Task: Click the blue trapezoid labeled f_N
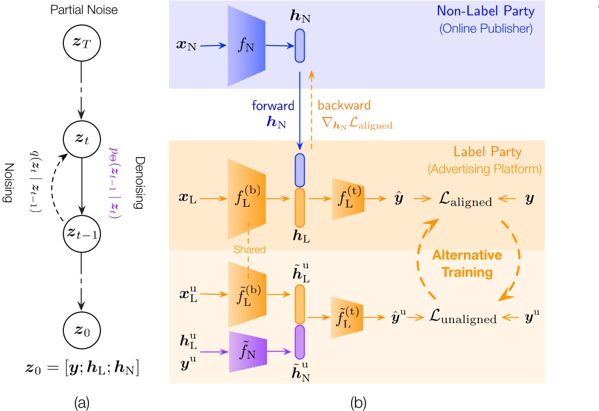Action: tap(245, 44)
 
